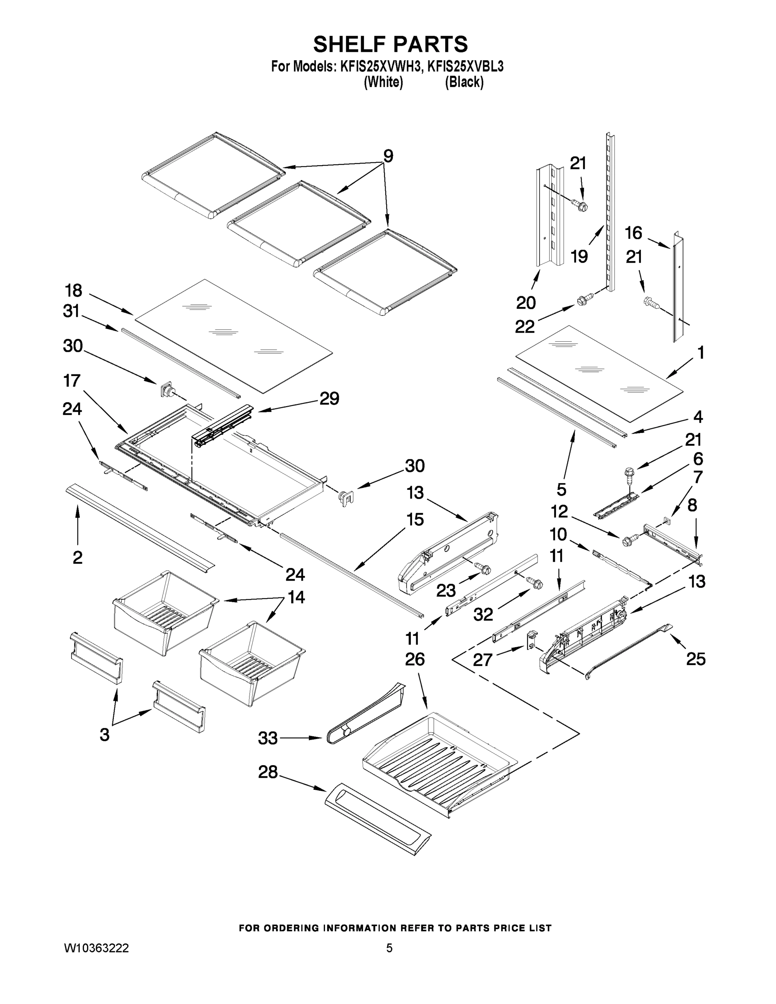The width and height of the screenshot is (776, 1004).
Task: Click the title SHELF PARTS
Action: (x=390, y=45)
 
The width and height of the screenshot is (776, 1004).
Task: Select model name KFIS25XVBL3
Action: (x=465, y=67)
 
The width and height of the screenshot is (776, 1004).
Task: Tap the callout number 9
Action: (x=388, y=156)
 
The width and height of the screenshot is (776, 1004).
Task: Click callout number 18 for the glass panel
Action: (x=74, y=291)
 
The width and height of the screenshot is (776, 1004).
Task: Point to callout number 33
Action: (x=268, y=738)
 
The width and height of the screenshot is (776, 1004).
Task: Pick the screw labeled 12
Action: (x=629, y=540)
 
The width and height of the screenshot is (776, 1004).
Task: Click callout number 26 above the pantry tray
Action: (x=415, y=659)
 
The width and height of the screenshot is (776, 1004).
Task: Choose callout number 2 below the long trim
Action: (x=77, y=557)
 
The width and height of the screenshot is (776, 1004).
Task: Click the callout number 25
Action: (x=696, y=659)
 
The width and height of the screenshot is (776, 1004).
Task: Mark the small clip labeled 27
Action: (x=531, y=640)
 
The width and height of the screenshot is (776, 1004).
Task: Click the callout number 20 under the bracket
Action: (x=526, y=302)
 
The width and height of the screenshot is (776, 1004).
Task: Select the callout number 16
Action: (x=633, y=233)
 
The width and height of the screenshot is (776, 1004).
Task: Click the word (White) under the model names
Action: (x=383, y=82)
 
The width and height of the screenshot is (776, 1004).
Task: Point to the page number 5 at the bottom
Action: (x=389, y=948)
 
